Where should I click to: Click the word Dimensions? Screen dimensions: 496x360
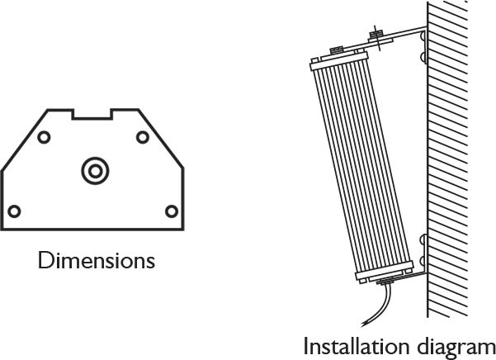pos(97,260)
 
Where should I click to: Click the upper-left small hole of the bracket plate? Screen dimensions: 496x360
pos(44,137)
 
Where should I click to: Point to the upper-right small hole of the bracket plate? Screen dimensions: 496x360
pos(143,137)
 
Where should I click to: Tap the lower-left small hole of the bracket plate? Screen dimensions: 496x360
pos(14,211)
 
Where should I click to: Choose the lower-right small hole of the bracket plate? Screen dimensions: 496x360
pos(172,211)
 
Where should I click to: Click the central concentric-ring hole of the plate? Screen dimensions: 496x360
pos(95,171)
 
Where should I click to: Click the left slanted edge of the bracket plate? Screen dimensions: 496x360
pos(25,140)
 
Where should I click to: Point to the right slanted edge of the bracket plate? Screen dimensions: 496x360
pos(161,139)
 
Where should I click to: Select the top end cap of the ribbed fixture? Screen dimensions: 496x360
pos(339,61)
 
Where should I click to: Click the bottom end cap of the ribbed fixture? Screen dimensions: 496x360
pos(385,272)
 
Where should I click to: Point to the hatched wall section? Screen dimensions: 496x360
pos(447,159)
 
